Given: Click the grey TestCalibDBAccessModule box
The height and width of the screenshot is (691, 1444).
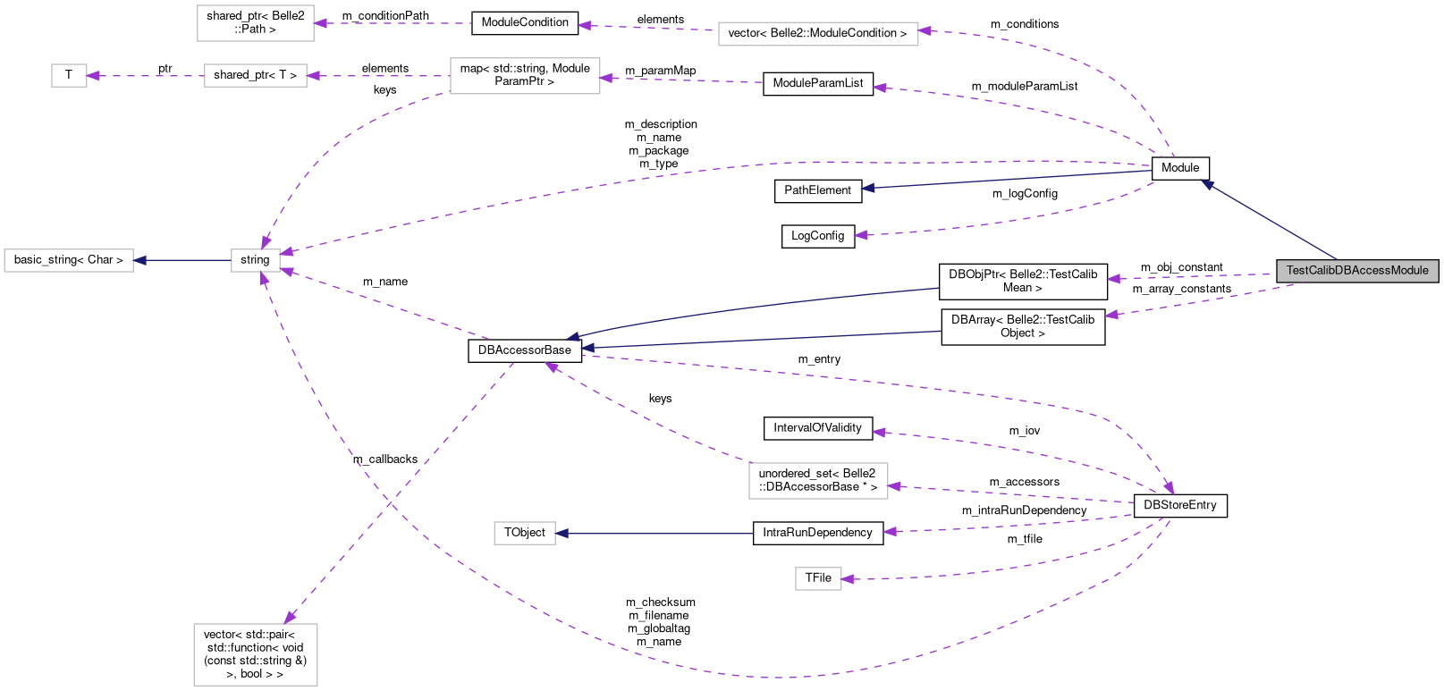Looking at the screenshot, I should tap(1357, 271).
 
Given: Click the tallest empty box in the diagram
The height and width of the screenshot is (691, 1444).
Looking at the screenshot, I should tap(256, 654).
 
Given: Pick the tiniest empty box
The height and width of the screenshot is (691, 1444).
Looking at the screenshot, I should tap(69, 76).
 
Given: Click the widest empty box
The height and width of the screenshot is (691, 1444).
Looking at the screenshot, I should tap(818, 34).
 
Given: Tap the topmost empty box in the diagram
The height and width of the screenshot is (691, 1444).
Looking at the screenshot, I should tap(256, 23).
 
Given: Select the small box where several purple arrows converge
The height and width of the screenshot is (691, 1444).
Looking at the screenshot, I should tap(256, 260).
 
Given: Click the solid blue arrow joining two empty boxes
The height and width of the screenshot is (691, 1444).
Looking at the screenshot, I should tap(182, 260).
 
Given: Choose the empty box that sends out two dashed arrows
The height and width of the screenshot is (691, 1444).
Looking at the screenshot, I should tap(524, 76).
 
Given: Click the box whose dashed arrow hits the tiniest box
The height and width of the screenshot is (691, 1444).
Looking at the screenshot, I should tap(256, 76).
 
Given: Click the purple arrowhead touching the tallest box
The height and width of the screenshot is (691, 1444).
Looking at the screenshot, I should tap(290, 618).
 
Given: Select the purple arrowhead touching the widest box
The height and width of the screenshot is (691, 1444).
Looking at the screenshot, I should tap(925, 31).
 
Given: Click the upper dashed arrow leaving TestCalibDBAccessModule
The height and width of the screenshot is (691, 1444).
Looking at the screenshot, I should tap(1189, 277).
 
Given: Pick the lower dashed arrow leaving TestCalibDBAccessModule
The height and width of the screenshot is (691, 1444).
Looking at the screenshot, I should tap(1198, 301).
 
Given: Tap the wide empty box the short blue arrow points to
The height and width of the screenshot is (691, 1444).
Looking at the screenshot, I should tap(69, 260).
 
